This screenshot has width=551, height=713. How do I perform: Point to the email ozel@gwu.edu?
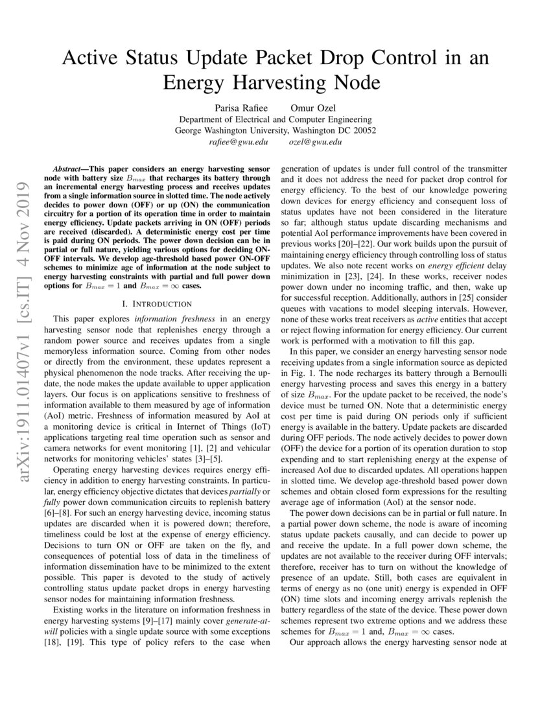(x=315, y=142)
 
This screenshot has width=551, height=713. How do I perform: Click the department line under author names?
(x=275, y=119)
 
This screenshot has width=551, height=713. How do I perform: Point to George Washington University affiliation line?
(x=275, y=130)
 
